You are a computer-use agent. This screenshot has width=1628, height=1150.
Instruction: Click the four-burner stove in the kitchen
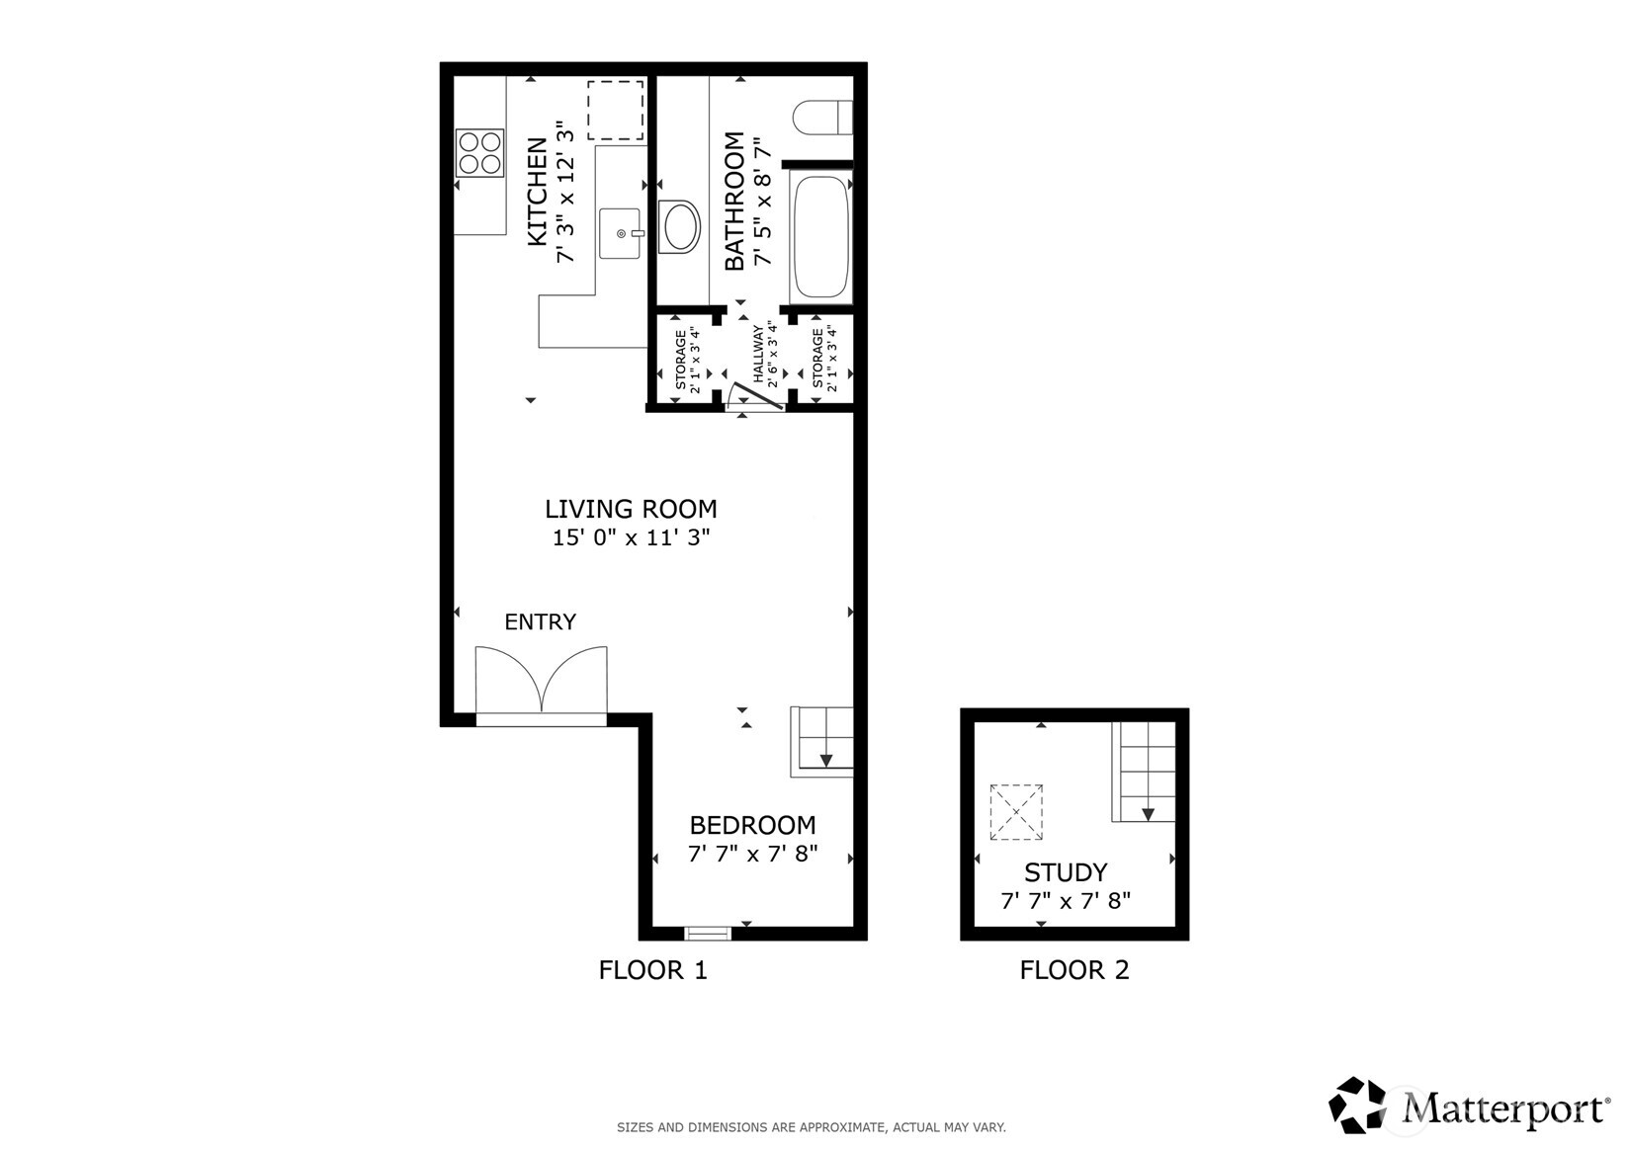point(480,153)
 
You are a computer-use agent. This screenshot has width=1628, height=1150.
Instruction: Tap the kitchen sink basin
point(622,233)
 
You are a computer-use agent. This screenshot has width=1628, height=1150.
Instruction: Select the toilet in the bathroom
point(821,118)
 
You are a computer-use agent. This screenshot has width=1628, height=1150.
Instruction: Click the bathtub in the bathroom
point(821,238)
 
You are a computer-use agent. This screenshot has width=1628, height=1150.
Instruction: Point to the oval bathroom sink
point(679,227)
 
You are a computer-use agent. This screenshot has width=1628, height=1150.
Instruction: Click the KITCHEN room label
point(537,192)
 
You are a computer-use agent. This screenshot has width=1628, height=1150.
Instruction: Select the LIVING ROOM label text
point(631,509)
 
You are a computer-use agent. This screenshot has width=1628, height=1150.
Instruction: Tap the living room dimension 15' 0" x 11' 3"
point(631,538)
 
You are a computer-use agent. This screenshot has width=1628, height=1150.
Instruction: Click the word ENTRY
point(540,621)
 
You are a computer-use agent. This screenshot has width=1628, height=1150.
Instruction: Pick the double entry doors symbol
point(541,681)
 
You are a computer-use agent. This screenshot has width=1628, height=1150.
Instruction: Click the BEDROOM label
point(752,825)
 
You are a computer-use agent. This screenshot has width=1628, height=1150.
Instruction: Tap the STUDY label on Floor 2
point(1065,872)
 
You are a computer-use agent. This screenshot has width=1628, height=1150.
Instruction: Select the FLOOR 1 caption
point(652,970)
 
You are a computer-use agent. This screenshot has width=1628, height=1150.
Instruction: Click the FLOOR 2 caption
point(1073,970)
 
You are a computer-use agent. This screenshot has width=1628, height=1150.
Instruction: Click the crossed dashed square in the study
point(1016,812)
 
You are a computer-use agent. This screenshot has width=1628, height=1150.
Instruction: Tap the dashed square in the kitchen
point(615,110)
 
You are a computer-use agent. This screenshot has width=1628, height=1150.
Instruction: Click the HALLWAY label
point(759,354)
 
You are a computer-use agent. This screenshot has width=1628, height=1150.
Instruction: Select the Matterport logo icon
point(1358,1105)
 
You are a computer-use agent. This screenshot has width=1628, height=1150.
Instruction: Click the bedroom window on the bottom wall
point(708,932)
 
